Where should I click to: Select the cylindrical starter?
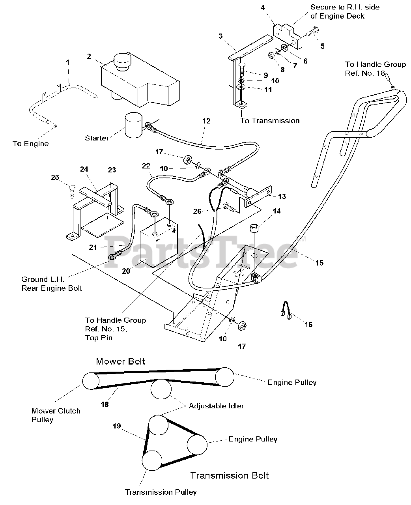point(133,125)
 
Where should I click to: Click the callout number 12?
point(206,121)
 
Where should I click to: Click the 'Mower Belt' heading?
point(120,361)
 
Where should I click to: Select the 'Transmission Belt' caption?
point(229,475)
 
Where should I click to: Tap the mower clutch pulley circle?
point(91,381)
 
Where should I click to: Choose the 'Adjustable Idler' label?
point(216,406)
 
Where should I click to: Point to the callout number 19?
point(116,426)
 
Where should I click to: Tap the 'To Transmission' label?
point(270,121)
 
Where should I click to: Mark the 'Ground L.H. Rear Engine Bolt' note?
point(52,284)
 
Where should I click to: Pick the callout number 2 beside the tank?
point(89,57)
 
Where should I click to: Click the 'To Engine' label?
point(30,144)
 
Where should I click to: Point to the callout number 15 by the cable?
point(319,263)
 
